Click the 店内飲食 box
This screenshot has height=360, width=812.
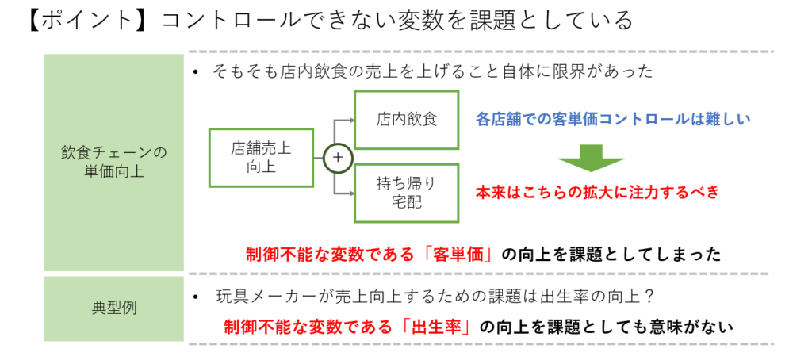click(406, 120)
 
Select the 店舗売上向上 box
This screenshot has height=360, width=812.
click(261, 156)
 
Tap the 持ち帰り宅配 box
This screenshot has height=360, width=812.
click(406, 193)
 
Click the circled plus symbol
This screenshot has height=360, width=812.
click(337, 157)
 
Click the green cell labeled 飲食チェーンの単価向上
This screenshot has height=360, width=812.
click(113, 162)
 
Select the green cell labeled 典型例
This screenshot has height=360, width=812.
click(113, 308)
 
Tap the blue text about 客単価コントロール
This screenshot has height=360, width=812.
click(613, 120)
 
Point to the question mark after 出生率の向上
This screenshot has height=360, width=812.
click(648, 298)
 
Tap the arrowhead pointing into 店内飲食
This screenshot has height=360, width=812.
click(349, 120)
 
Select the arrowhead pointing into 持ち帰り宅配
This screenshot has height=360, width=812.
click(349, 193)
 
